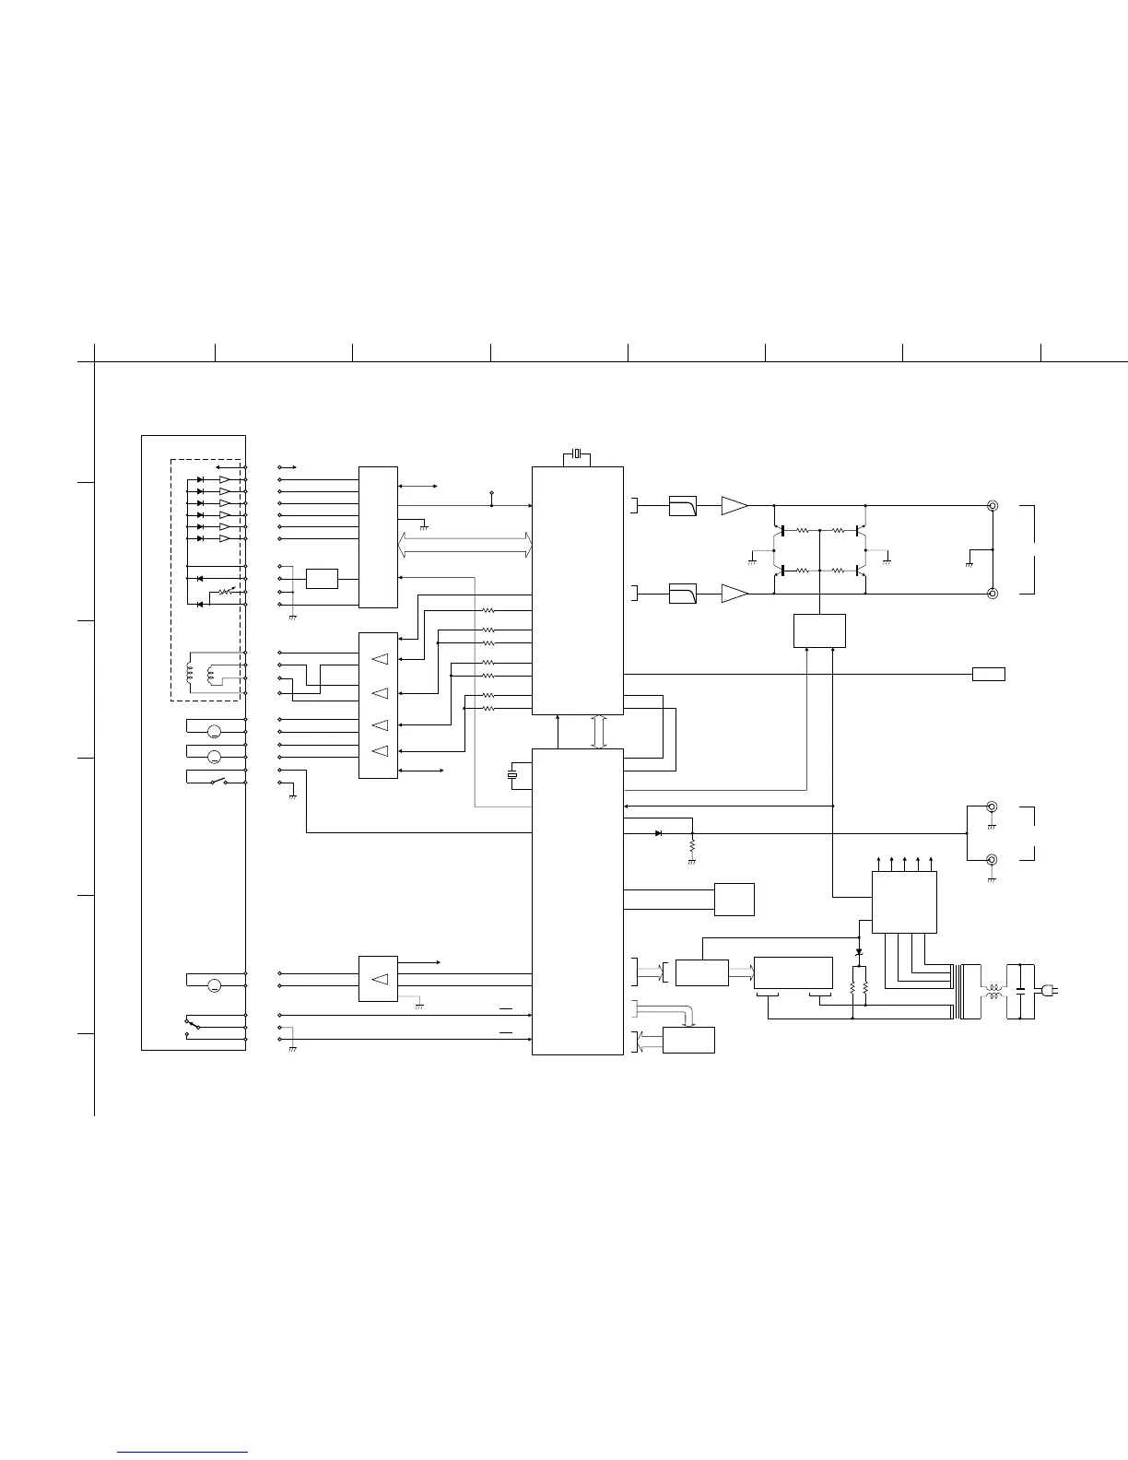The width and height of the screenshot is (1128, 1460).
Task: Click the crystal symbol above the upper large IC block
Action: point(577,453)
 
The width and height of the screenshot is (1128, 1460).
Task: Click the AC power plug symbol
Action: point(1049,991)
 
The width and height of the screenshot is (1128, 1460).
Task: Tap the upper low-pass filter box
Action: point(682,506)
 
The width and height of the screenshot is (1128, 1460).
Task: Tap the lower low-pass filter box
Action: point(682,595)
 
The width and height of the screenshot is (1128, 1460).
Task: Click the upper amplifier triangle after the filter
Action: point(734,506)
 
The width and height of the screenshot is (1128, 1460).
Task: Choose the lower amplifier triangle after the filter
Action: point(734,595)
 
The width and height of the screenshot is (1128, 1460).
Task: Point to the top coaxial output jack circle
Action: point(993,506)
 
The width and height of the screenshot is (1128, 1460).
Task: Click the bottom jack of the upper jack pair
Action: point(993,595)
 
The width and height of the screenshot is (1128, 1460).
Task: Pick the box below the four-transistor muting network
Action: point(819,630)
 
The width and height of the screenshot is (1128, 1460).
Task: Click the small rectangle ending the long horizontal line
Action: point(989,675)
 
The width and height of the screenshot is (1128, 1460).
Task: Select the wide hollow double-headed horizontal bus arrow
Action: point(465,545)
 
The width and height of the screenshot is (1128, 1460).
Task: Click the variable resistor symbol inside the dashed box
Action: point(227,591)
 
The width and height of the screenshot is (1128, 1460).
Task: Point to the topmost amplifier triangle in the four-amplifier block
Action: point(379,659)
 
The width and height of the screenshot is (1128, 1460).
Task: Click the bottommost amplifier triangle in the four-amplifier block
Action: point(379,751)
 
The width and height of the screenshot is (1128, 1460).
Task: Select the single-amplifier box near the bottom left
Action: point(378,979)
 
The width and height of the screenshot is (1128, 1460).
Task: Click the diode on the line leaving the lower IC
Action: point(658,833)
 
